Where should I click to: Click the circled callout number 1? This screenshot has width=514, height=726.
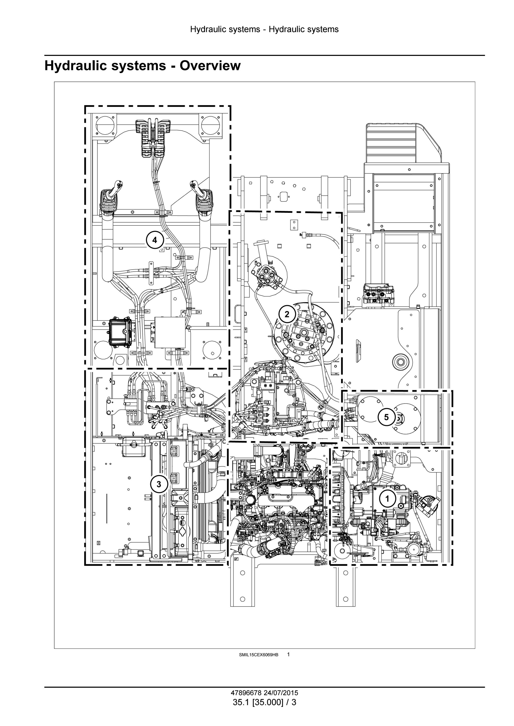click(387, 499)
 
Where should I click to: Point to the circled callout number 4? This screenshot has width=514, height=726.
click(154, 240)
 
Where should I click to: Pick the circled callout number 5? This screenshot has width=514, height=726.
click(387, 417)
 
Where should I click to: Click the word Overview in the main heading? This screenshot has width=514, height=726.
click(210, 66)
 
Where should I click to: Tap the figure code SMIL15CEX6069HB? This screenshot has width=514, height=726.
click(259, 655)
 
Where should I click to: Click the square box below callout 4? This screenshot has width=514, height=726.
click(170, 332)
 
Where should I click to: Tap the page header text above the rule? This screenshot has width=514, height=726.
click(264, 29)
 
